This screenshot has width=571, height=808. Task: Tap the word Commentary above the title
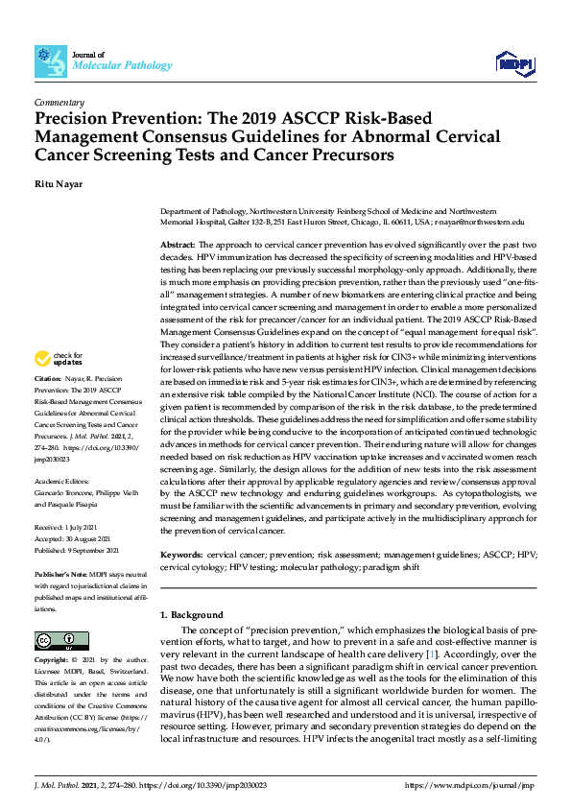(x=59, y=102)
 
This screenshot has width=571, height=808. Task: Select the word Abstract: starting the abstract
(x=178, y=246)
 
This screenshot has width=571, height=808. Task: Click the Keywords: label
(x=181, y=555)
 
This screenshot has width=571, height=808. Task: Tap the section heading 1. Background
(x=191, y=614)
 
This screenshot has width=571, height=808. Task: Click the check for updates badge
(x=59, y=360)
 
